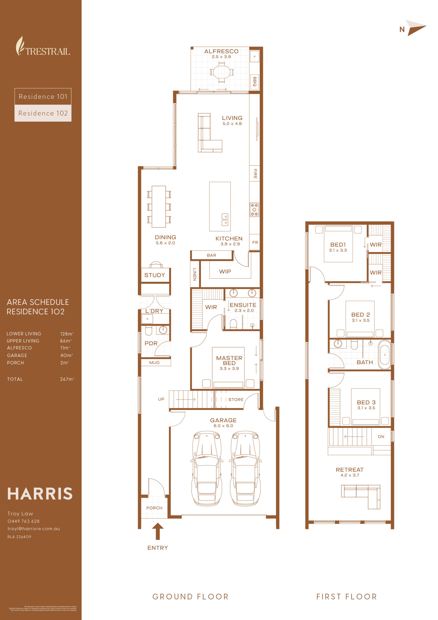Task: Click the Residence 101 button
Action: [x=43, y=96]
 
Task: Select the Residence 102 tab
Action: [x=43, y=113]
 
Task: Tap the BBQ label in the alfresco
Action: [x=255, y=82]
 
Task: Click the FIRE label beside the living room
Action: [x=255, y=174]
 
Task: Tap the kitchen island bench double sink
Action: [x=225, y=219]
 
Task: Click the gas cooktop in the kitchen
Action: [x=254, y=209]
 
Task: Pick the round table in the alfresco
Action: [x=222, y=72]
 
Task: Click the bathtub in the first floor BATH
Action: [x=384, y=355]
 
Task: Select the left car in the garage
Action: [x=207, y=468]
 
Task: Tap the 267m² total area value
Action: [x=67, y=379]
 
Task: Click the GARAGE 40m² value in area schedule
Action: [x=66, y=355]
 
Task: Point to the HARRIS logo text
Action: [x=40, y=494]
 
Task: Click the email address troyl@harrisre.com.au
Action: [x=33, y=528]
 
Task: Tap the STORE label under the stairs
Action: [x=236, y=399]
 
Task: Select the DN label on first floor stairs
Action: [x=381, y=436]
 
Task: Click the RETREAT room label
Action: [x=349, y=470]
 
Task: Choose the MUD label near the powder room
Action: [x=154, y=362]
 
